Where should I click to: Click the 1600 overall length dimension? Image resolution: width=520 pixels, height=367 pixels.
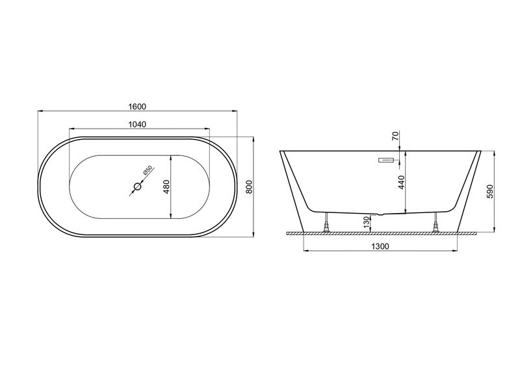click(x=137, y=107)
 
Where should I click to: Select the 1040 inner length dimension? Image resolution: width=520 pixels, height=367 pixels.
click(x=137, y=124)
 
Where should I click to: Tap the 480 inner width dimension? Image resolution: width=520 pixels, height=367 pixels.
click(x=166, y=186)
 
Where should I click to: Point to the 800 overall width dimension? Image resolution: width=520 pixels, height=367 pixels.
click(x=250, y=186)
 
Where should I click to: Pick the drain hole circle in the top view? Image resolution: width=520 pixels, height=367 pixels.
click(x=137, y=187)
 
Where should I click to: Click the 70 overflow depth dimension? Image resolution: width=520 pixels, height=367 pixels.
click(x=395, y=136)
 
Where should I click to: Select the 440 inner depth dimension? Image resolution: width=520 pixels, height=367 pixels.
click(x=402, y=183)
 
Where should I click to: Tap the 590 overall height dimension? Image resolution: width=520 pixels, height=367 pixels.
click(x=490, y=192)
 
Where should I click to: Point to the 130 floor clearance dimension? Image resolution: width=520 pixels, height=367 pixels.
click(x=366, y=221)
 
